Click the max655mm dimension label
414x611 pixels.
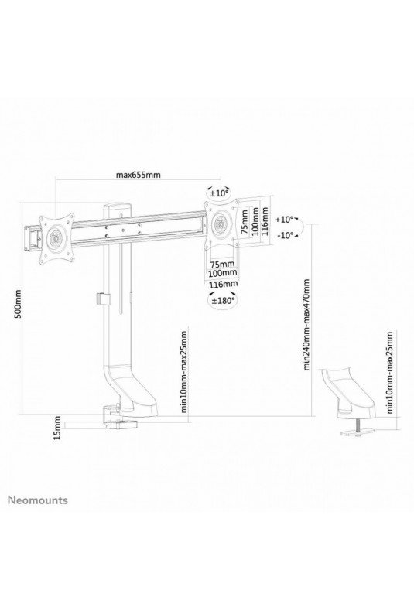(138, 174)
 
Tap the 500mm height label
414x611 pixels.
(18, 303)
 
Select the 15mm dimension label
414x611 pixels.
(57, 428)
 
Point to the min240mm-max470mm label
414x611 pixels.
(306, 324)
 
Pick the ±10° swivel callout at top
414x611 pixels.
(219, 193)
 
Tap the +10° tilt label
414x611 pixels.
(285, 220)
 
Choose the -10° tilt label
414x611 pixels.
(285, 235)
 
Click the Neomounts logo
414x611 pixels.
(38, 500)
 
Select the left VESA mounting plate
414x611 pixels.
(56, 237)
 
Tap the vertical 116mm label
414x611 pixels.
(265, 220)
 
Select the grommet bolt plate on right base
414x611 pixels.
(356, 432)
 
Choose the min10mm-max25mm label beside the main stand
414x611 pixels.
(184, 371)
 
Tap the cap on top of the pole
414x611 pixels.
(118, 207)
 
